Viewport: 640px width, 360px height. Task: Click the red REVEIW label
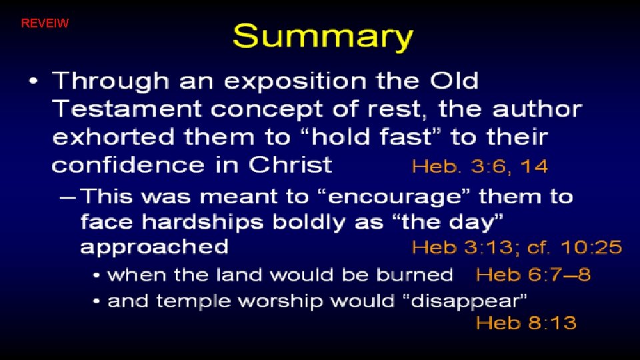click(45, 24)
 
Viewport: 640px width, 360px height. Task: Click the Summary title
click(323, 37)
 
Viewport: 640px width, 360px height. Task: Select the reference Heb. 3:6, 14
click(480, 167)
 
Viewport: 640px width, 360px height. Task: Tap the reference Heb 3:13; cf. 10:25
click(517, 248)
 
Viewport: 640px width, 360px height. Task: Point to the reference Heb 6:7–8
click(533, 274)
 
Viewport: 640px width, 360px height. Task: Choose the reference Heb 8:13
click(526, 323)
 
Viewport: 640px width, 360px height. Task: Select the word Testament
click(117, 109)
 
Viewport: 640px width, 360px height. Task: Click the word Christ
click(291, 165)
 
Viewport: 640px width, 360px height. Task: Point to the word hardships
click(195, 222)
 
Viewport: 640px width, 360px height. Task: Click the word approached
click(154, 248)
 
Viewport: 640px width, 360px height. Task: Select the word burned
click(415, 274)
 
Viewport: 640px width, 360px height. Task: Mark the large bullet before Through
click(35, 83)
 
